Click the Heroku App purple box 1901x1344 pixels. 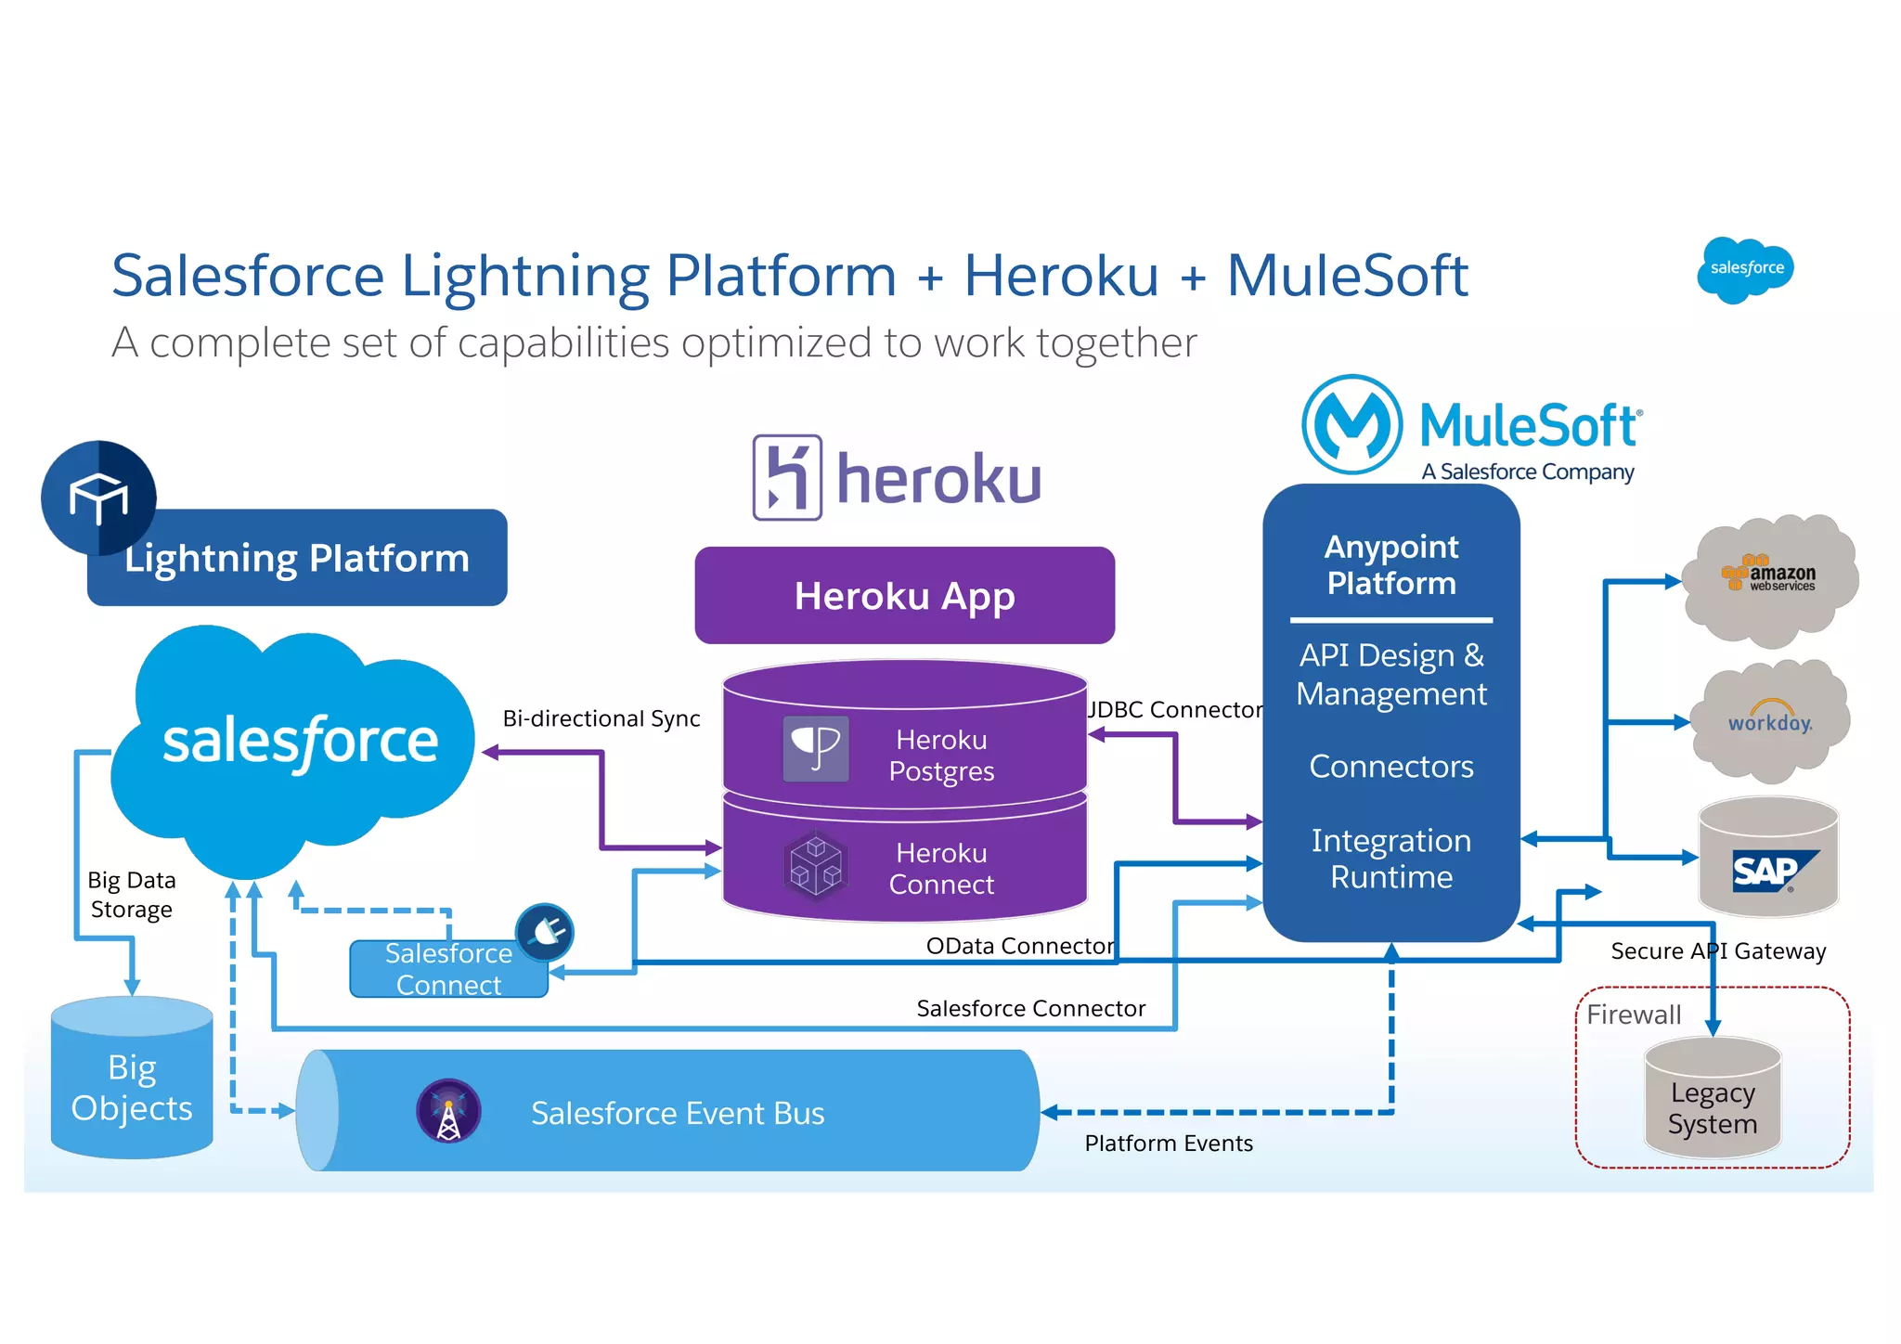[904, 595]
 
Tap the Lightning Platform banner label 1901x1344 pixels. [297, 558]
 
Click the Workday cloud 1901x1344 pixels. [1770, 722]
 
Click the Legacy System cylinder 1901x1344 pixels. [1713, 1100]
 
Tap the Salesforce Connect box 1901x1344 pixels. [448, 969]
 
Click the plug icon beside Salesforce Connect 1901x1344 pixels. [545, 932]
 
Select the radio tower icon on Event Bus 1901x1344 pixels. [448, 1111]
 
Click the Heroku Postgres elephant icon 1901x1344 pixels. [815, 748]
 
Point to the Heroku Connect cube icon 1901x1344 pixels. [815, 867]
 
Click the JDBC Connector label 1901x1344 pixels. [1175, 710]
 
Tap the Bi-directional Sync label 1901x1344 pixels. [601, 718]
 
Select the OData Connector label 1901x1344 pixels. [1020, 946]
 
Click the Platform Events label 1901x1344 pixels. [1169, 1144]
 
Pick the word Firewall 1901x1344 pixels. [1634, 1014]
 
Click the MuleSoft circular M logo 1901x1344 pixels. [1351, 425]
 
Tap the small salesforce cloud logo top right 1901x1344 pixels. [1745, 269]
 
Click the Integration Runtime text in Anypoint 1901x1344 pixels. [1390, 859]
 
